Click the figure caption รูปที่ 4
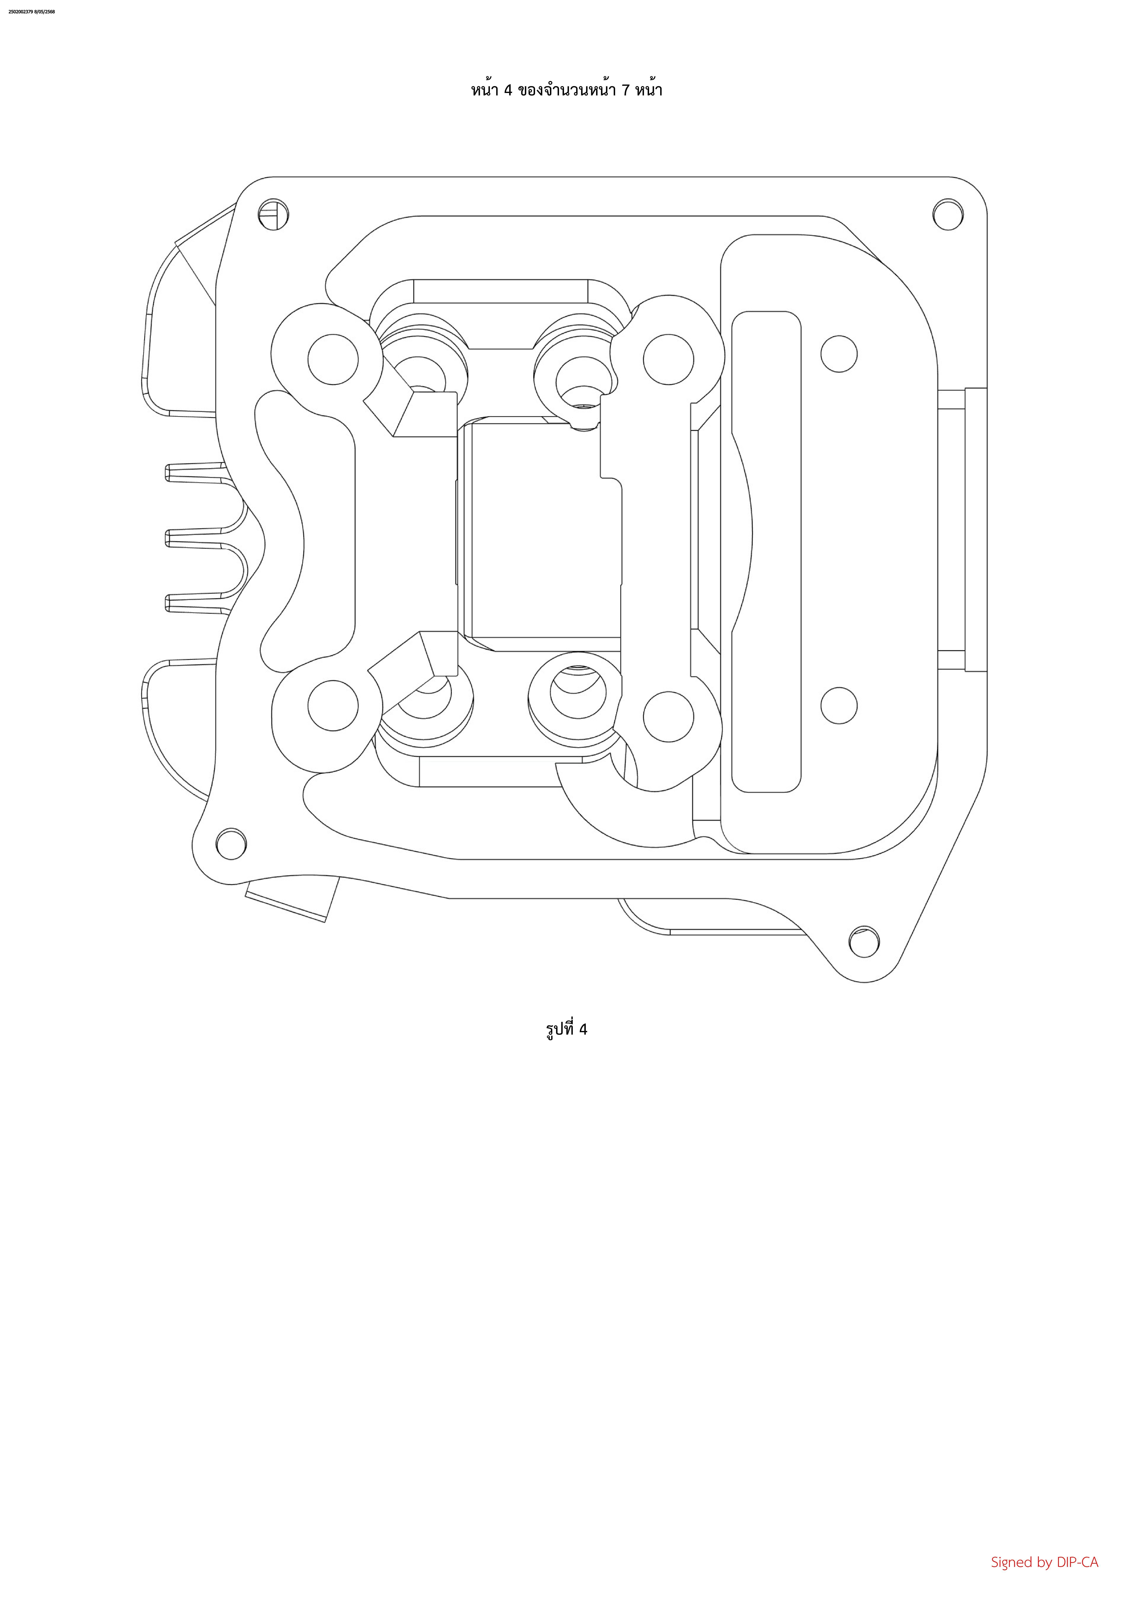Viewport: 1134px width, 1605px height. pyautogui.click(x=566, y=1029)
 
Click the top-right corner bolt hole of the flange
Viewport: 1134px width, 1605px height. pyautogui.click(x=948, y=215)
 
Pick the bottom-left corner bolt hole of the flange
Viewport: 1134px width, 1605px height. pyautogui.click(x=231, y=844)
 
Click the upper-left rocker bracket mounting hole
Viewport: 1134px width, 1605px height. pyautogui.click(x=333, y=359)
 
